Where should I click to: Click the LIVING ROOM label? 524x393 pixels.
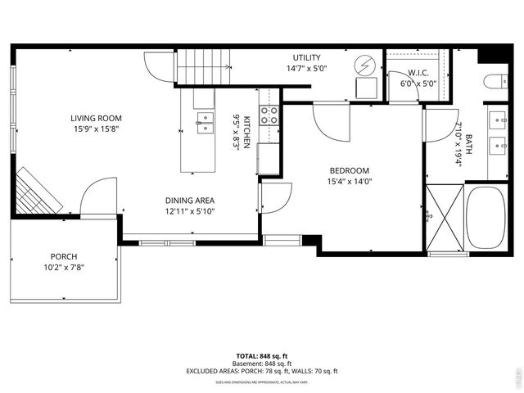96,118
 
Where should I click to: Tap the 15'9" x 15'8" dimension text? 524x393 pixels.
96,129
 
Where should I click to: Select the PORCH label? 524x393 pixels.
64,256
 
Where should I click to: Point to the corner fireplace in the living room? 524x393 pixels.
38,190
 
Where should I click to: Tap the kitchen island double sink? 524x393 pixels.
204,123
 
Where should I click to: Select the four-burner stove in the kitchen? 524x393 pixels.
269,115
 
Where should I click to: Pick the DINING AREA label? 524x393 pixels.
190,200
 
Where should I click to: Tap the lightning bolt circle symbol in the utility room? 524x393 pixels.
365,64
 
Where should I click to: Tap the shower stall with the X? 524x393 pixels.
445,218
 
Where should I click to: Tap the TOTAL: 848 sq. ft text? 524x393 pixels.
262,355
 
